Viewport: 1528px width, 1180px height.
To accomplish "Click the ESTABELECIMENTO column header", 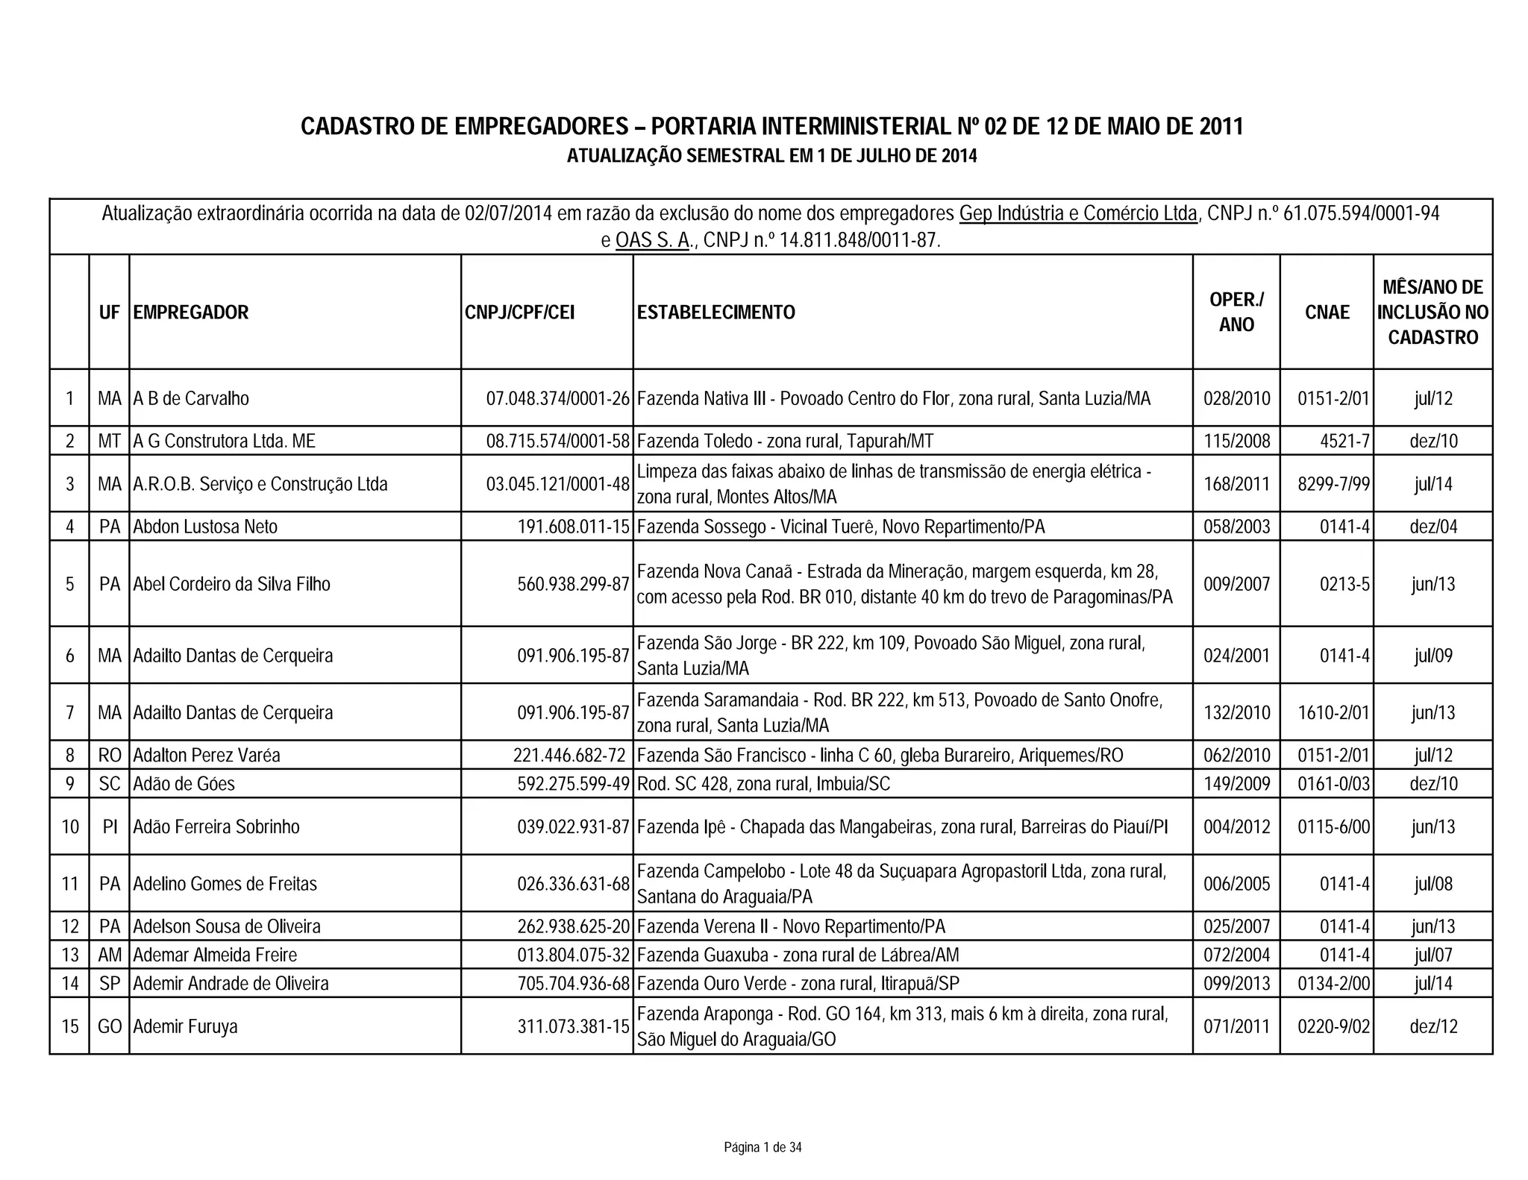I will [x=716, y=313].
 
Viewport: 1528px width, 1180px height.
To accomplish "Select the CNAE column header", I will [x=1327, y=313].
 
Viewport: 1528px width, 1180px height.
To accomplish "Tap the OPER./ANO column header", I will [x=1236, y=313].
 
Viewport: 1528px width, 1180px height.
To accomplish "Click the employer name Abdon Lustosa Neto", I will [x=205, y=527].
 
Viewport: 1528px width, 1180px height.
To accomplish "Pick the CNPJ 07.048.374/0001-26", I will [x=558, y=399].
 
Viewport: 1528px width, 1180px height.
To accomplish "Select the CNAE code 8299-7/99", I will [x=1333, y=484].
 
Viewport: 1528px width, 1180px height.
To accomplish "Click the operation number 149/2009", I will [x=1236, y=784].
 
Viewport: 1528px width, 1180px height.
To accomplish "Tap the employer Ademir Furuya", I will [x=185, y=1027].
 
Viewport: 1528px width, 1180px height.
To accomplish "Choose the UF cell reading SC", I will [x=110, y=784].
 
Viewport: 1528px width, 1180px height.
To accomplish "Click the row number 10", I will [x=70, y=827].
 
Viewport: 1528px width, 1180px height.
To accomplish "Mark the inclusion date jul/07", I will [x=1432, y=955].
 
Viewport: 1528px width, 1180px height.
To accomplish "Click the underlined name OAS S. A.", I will [x=652, y=241].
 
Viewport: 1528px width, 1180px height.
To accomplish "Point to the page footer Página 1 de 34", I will [x=763, y=1147].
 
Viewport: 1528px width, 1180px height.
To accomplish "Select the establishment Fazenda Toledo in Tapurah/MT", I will [x=785, y=442].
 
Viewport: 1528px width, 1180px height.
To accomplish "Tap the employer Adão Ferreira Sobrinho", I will [x=216, y=827].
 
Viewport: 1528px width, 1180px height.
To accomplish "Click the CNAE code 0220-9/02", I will [x=1333, y=1027].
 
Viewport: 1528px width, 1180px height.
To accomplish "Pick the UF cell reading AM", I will [x=110, y=955].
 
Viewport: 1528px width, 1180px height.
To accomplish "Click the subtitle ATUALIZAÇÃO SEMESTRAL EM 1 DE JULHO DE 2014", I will [x=771, y=157].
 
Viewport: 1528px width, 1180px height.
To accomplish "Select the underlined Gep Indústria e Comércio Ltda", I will [x=1077, y=214].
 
